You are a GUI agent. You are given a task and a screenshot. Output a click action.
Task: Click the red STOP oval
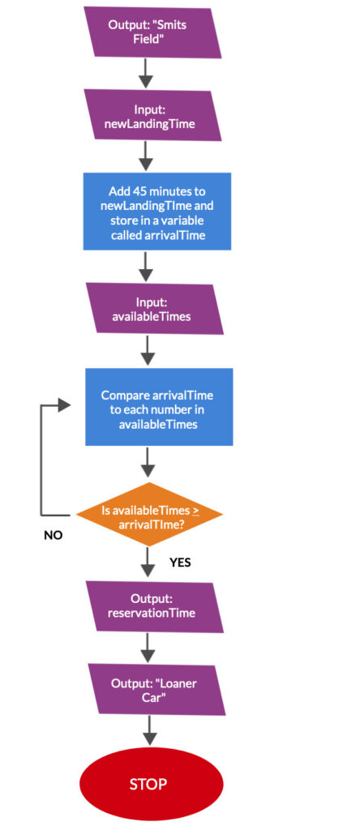(151, 784)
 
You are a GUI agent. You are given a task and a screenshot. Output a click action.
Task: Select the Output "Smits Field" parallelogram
(152, 32)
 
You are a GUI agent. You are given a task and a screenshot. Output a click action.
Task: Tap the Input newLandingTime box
(152, 115)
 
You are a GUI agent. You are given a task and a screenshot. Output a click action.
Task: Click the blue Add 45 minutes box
(157, 211)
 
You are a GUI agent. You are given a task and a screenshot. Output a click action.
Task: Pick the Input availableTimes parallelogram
(155, 309)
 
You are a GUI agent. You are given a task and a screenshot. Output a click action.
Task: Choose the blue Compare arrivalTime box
(159, 407)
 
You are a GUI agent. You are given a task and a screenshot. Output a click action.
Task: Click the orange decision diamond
(149, 514)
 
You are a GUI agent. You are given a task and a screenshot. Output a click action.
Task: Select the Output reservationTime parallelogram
(155, 606)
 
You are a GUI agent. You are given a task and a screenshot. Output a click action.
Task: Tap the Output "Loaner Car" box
(156, 690)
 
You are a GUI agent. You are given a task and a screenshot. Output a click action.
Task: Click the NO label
(53, 535)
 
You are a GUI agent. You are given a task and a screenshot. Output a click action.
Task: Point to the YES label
(180, 563)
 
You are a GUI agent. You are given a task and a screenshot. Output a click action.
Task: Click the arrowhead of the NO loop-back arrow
(65, 405)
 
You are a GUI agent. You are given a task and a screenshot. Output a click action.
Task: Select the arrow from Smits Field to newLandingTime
(146, 74)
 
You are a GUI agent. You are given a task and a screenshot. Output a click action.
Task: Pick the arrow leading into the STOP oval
(150, 731)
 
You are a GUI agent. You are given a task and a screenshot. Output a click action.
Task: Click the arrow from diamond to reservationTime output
(148, 563)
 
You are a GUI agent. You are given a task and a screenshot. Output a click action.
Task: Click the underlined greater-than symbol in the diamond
(195, 511)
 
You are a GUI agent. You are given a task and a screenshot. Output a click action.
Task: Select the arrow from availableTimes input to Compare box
(148, 351)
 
